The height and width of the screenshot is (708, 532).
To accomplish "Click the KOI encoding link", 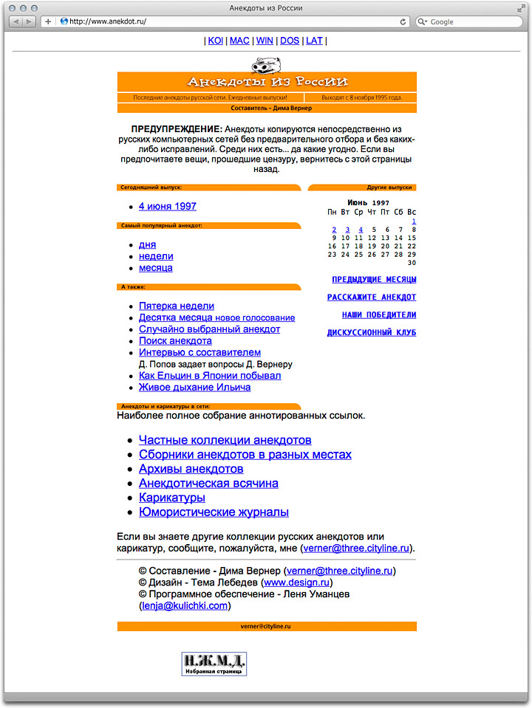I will click(215, 41).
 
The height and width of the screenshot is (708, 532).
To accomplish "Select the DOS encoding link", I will click(290, 41).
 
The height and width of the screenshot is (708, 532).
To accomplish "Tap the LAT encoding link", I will click(314, 41).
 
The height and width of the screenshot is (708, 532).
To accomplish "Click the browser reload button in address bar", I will click(403, 22).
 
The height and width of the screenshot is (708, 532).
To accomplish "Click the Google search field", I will click(473, 22).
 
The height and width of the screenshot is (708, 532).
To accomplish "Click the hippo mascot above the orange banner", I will click(266, 65).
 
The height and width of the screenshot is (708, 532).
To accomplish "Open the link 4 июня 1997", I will click(168, 207).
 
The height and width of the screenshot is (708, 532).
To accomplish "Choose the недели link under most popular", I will click(156, 256).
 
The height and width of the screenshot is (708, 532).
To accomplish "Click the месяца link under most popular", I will click(156, 268).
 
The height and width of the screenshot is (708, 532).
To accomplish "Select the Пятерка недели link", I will click(177, 306).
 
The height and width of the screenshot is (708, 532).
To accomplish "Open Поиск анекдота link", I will click(175, 341).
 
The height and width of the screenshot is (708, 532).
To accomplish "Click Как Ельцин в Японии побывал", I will click(210, 376).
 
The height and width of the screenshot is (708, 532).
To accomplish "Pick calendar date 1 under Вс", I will click(414, 221).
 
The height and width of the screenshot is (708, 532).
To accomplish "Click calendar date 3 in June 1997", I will click(347, 230).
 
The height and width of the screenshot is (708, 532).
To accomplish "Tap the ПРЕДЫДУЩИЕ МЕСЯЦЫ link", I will click(374, 280).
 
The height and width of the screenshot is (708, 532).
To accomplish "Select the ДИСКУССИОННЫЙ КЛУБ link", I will click(372, 333).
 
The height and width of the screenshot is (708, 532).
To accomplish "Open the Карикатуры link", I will click(172, 498).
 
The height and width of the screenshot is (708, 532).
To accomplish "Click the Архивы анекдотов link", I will click(191, 469).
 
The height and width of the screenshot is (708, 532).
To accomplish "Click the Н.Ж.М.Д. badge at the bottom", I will click(214, 663).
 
